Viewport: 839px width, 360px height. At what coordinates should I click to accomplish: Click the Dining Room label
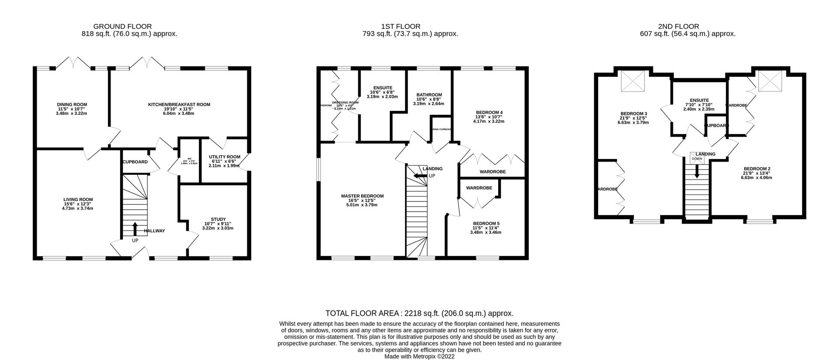tap(72, 104)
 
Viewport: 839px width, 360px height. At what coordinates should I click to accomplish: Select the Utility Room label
tap(224, 157)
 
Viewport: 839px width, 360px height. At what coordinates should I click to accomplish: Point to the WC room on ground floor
tap(189, 161)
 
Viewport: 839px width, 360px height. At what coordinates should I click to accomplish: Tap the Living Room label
tap(78, 200)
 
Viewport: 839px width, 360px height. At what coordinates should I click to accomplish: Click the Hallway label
tap(154, 231)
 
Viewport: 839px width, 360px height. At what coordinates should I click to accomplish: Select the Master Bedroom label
tap(362, 196)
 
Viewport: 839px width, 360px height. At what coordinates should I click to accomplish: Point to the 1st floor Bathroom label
tap(429, 95)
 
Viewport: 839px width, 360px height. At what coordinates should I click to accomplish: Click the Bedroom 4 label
tap(489, 112)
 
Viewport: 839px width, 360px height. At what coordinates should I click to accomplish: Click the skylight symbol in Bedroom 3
tap(632, 81)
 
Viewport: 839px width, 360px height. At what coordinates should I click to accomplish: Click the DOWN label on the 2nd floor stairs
tap(697, 159)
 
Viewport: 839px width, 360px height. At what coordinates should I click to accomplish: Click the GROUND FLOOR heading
tap(123, 27)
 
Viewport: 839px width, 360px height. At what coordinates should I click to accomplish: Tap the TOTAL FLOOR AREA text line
tap(419, 313)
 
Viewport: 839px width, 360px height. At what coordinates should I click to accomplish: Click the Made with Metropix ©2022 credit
tap(419, 357)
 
